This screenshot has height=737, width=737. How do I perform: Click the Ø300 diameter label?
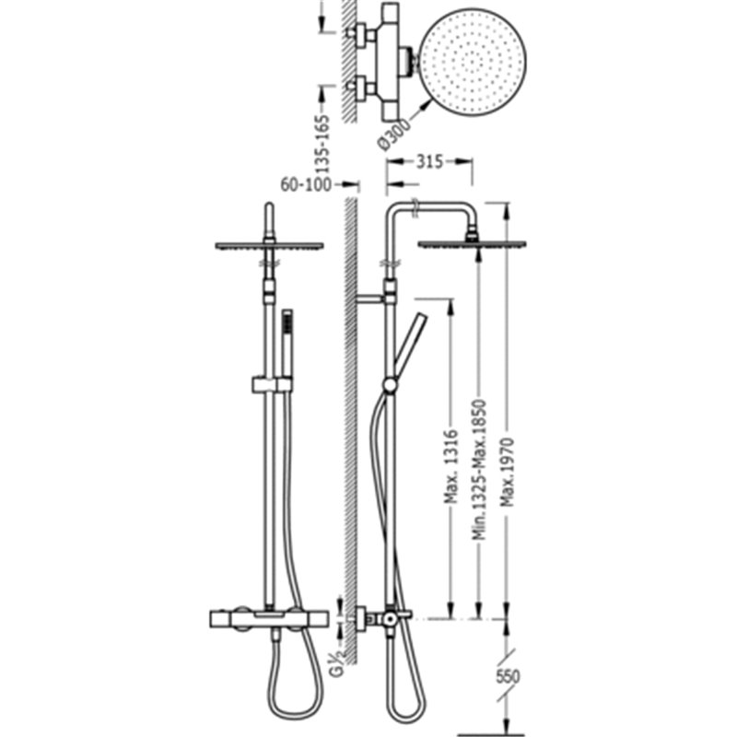coord(394,134)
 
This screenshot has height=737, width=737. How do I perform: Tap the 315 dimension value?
coord(429,162)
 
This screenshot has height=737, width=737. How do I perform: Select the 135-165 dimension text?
coord(322,144)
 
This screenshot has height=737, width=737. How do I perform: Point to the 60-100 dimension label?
coord(306,185)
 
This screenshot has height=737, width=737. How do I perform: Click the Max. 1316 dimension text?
coord(451,466)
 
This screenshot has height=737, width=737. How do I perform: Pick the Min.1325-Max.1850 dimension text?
coord(479,470)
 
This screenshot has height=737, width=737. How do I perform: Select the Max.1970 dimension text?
coord(508,473)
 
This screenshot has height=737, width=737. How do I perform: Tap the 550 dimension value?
coord(508,677)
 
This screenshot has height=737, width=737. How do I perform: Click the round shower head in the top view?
coord(473,62)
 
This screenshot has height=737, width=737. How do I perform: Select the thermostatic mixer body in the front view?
coord(268,619)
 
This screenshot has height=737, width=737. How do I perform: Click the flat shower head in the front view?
coord(269,245)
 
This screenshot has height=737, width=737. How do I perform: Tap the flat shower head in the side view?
coord(472,244)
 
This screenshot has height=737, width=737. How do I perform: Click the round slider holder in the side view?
coord(390,385)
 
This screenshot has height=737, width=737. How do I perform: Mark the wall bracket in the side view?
coord(371,298)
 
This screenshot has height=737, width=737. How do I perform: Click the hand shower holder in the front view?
coord(272,384)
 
